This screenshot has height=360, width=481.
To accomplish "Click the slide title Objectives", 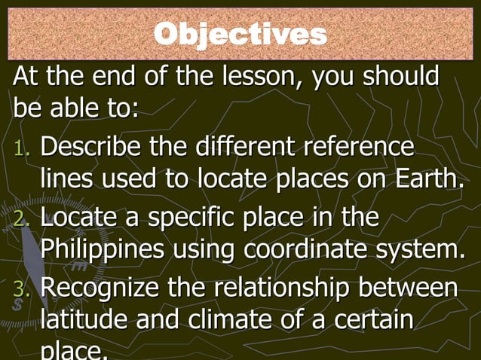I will click(x=240, y=34).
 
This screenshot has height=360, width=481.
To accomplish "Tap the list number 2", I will click(x=21, y=219).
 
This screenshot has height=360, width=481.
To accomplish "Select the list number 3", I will click(x=21, y=291).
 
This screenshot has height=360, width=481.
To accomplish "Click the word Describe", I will click(x=89, y=145).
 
